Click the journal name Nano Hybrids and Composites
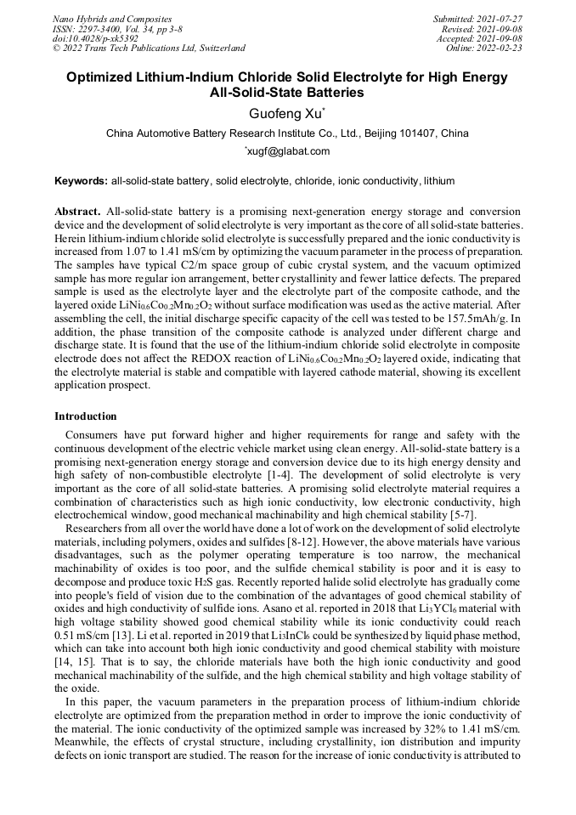112,19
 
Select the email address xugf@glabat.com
288,151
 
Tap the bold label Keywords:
81,181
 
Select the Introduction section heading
86,416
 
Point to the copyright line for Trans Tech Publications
149,48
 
